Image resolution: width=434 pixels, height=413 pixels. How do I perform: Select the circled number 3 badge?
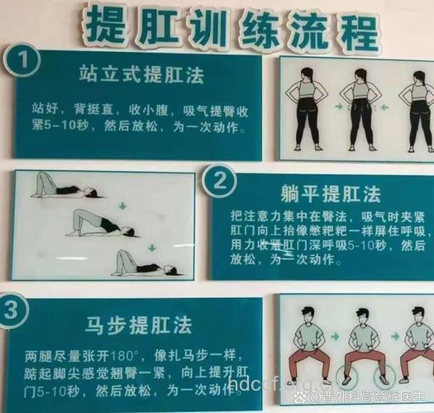[x=16, y=311]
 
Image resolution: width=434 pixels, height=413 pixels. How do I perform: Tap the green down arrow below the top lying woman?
[x=122, y=204]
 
